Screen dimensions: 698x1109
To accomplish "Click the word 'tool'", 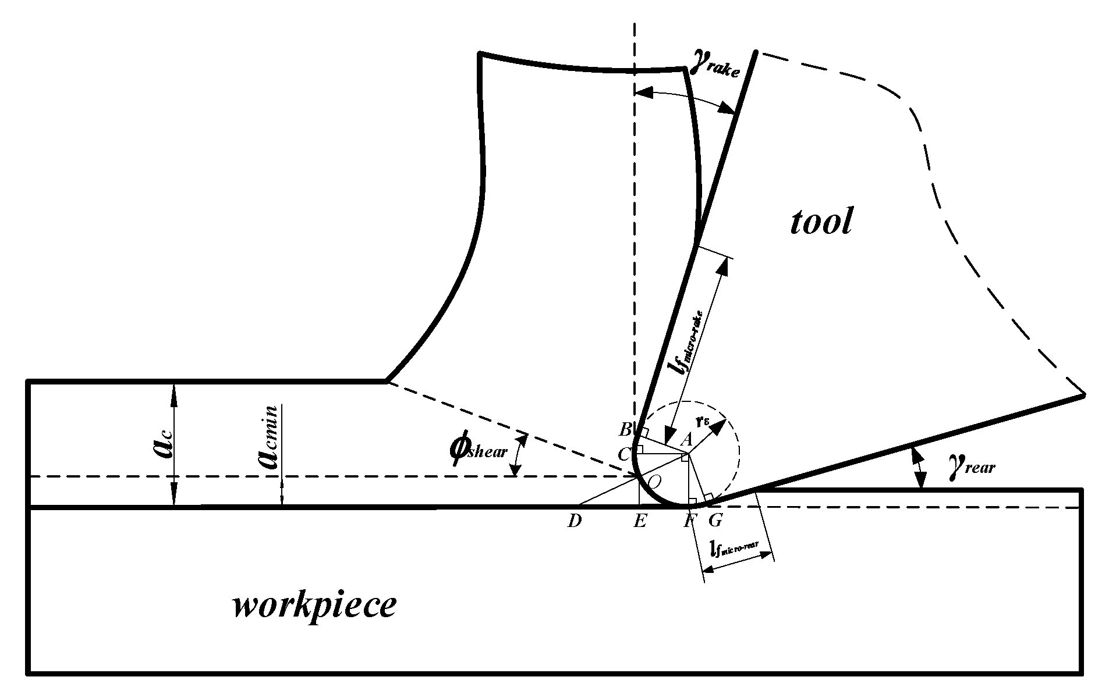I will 821,222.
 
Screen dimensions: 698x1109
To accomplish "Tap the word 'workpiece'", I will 314,607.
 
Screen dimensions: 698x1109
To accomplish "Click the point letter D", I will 575,521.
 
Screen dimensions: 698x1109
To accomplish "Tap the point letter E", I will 639,521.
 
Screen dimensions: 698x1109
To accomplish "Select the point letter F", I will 690,521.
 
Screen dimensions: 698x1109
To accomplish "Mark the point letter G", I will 715,521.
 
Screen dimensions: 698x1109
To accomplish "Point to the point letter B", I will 625,430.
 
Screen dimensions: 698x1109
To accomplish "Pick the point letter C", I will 623,454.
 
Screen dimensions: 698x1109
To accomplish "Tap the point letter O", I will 654,481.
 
